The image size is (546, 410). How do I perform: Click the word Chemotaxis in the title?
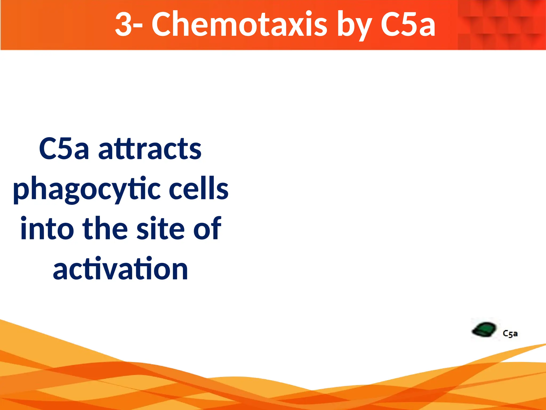(x=239, y=25)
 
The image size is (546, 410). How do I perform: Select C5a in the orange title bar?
(x=408, y=25)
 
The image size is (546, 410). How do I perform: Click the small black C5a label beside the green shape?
(x=510, y=334)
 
